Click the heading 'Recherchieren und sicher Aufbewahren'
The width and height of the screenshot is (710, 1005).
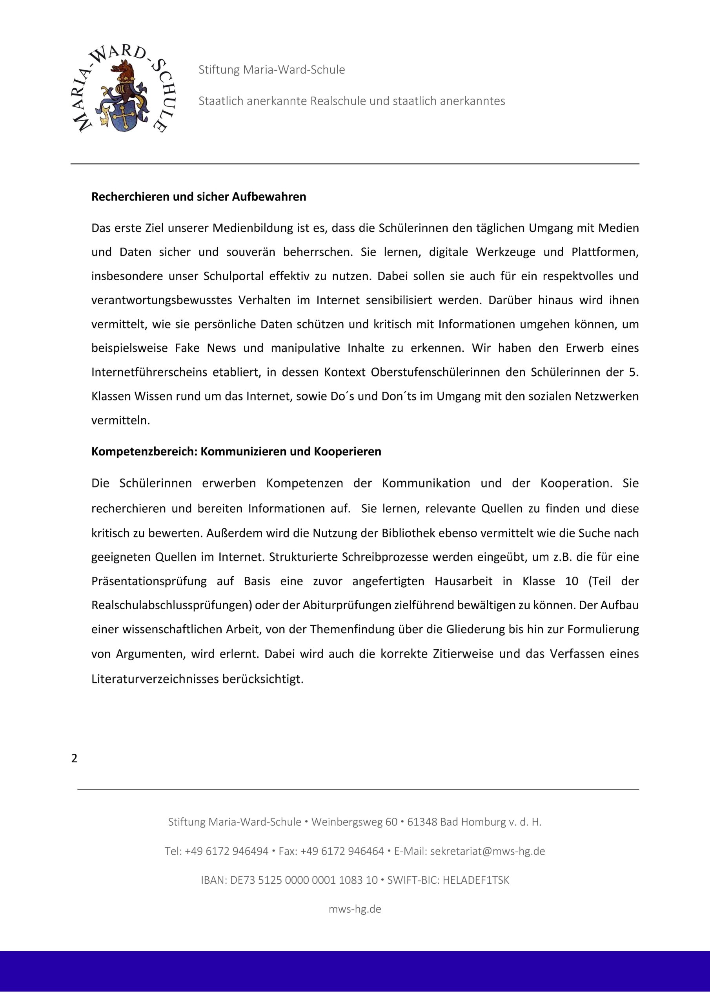point(198,197)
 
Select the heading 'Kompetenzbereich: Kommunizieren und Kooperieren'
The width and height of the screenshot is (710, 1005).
point(236,452)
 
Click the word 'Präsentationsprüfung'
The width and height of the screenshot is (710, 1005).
point(149,581)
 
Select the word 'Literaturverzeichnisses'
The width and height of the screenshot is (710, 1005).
point(155,679)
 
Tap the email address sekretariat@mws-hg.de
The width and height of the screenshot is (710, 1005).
point(487,851)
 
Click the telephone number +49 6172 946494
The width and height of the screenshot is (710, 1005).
point(227,851)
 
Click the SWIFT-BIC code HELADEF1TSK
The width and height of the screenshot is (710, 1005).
point(476,880)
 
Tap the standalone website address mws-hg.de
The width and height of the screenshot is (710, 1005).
point(355,909)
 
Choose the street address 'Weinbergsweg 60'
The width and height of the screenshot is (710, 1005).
point(354,822)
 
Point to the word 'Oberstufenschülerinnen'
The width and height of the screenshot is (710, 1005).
point(448,373)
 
